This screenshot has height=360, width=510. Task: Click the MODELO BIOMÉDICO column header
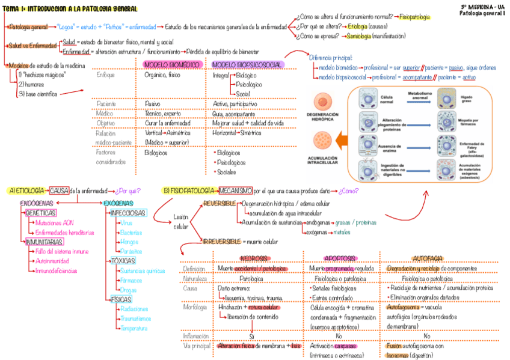point(172,64)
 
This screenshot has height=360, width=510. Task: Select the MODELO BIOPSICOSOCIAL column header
point(247,64)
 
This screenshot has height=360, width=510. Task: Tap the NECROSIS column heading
point(254,258)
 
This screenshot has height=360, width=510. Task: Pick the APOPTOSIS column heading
point(339,258)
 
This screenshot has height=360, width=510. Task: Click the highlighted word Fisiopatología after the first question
point(414,17)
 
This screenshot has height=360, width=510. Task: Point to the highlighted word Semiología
point(358,36)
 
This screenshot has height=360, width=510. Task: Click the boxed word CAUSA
point(59,191)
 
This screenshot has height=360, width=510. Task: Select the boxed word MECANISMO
point(235,191)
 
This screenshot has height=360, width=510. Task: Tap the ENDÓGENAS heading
point(37,203)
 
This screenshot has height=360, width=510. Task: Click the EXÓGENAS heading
point(118,203)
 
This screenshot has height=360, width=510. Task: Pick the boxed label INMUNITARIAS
point(45,242)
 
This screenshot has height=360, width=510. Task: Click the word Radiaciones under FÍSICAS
point(135,309)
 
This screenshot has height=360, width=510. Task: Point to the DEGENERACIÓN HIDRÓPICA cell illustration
point(328,100)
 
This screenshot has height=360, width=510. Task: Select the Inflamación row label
point(197,336)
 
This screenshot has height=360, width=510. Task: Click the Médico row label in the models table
point(104,113)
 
